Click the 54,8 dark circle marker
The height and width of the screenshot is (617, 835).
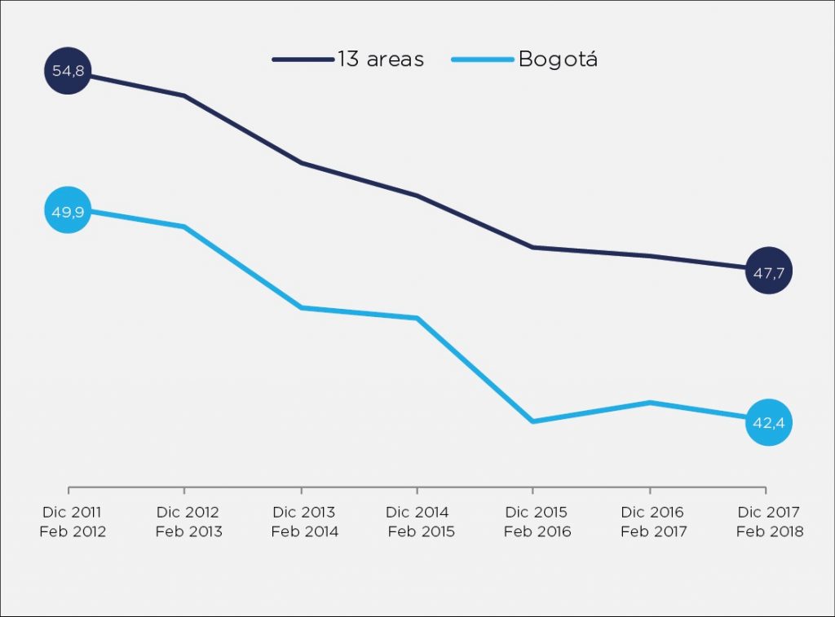click(x=68, y=72)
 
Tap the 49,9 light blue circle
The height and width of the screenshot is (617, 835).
click(x=68, y=210)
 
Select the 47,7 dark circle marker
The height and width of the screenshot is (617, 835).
click(x=768, y=271)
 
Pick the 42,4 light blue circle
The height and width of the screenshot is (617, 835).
click(x=768, y=422)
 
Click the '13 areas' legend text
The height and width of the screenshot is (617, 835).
click(x=380, y=59)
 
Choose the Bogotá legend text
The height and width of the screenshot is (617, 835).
click(x=558, y=59)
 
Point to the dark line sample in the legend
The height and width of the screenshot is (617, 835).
click(x=303, y=59)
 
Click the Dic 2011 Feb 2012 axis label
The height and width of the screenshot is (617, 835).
click(x=72, y=522)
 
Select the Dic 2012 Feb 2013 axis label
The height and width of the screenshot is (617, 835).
click(x=188, y=522)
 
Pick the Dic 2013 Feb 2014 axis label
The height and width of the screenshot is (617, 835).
click(x=304, y=522)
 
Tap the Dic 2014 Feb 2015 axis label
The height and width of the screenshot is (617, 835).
click(x=420, y=522)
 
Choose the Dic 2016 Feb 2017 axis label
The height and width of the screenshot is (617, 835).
click(x=652, y=522)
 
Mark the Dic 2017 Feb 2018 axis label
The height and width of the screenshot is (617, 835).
click(x=769, y=522)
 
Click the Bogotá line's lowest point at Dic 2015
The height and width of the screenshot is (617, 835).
click(x=532, y=421)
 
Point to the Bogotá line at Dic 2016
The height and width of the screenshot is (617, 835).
click(x=650, y=402)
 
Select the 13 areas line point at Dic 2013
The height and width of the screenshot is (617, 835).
click(x=301, y=163)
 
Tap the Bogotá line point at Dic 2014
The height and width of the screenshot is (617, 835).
click(x=417, y=318)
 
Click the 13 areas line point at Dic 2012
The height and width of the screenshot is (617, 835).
click(x=184, y=96)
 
